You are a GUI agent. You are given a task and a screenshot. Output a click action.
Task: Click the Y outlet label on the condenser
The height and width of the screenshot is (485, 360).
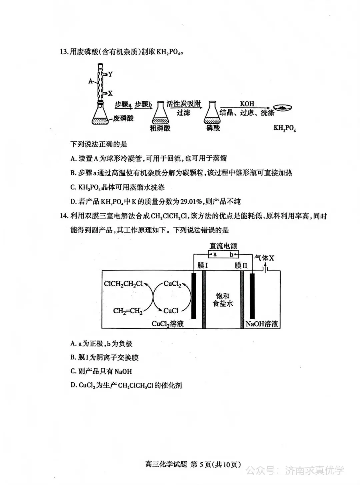pos(110,74)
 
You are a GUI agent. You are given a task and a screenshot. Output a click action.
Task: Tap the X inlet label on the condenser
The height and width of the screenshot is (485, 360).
pos(110,93)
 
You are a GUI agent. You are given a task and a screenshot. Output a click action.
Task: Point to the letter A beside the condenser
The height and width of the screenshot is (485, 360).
pos(90,81)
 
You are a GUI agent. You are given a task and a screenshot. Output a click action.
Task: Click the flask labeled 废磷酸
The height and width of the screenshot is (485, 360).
pos(100,114)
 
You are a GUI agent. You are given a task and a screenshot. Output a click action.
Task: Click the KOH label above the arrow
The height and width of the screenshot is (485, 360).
pos(247,104)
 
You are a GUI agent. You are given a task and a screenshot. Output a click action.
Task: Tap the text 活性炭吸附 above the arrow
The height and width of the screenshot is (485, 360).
pos(184,104)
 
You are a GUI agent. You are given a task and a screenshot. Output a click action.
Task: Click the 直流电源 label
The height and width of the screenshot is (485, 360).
pos(223,246)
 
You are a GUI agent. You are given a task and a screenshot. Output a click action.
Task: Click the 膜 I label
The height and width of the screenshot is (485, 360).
pos(203,265)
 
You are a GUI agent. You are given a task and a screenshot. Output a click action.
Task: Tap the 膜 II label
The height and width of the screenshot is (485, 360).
pos(241,265)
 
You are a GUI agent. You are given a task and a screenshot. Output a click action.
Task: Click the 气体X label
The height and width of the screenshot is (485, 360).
pos(264,258)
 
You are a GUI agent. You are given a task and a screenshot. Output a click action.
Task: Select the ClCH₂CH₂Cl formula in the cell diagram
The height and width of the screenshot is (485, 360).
pos(123,284)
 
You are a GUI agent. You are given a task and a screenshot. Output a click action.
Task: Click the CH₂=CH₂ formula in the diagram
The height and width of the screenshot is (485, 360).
pos(128,311)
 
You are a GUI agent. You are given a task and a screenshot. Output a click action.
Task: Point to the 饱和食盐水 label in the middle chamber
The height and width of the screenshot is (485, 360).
pos(223,300)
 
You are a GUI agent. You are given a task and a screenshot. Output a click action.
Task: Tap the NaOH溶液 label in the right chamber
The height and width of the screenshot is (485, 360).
pos(262,324)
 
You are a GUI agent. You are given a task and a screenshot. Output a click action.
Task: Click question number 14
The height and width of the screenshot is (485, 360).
pos(64,216)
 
